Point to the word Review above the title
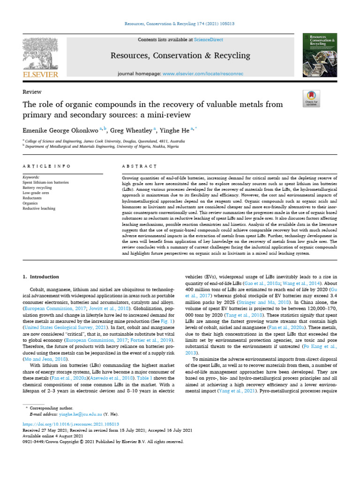click(32, 92)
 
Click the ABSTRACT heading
click(139, 166)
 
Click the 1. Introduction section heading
click(41, 277)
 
